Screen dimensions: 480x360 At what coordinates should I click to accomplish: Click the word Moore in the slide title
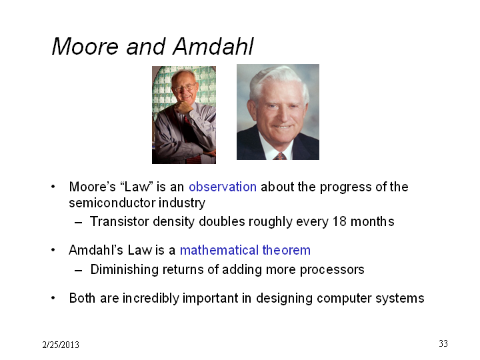(85, 47)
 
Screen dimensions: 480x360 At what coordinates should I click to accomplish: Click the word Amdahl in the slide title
(213, 47)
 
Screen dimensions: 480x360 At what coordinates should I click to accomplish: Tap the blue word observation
(223, 187)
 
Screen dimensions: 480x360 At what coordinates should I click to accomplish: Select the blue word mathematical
(219, 250)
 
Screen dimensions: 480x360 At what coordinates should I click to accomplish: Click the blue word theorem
(286, 250)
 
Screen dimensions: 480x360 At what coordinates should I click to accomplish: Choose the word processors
(332, 270)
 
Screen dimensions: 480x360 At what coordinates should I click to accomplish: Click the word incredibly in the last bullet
(151, 298)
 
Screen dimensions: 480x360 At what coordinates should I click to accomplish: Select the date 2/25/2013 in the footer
(61, 345)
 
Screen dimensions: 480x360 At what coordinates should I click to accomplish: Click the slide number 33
(443, 343)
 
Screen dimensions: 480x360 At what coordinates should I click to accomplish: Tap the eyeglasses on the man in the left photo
(185, 88)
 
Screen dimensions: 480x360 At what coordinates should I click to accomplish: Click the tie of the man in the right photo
(280, 156)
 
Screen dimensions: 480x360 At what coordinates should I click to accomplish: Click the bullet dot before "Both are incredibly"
(53, 298)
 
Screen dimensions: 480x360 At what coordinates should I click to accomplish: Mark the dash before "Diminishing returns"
(79, 271)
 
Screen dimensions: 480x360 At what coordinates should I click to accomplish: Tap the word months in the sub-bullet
(372, 221)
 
